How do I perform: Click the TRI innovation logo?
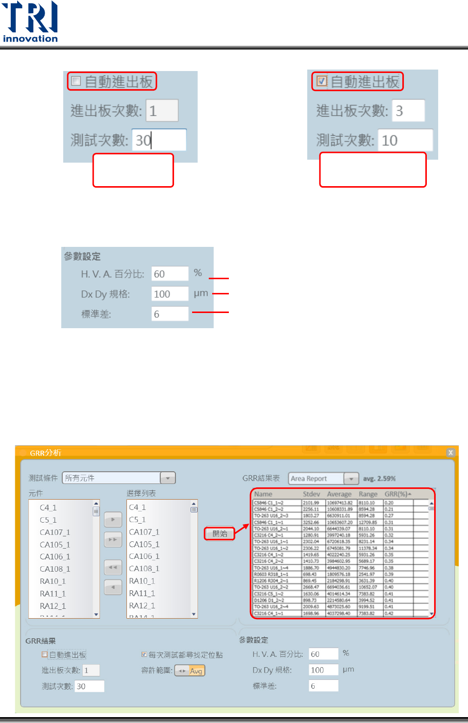[30, 22]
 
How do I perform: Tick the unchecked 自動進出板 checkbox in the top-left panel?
[76, 81]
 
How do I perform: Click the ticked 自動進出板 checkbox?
[321, 81]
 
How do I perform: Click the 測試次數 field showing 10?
[405, 141]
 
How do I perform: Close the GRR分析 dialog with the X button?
[450, 453]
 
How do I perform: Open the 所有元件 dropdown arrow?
[168, 478]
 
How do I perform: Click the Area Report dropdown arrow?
[351, 479]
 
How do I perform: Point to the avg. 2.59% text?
[379, 479]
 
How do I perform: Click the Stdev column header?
[311, 494]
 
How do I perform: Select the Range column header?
[368, 494]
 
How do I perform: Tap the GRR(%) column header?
[397, 494]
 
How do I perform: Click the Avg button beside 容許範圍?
[190, 671]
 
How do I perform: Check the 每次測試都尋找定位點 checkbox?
[144, 654]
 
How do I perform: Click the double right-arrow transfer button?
[113, 540]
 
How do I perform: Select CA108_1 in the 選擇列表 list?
[144, 569]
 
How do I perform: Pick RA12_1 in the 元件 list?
[53, 606]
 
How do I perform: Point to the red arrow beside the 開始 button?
[242, 529]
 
